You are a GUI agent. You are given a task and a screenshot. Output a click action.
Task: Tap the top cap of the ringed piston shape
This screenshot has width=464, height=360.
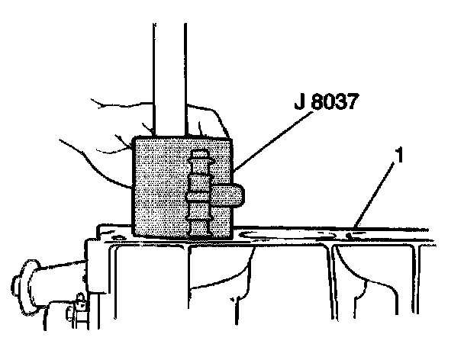point(201,153)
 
